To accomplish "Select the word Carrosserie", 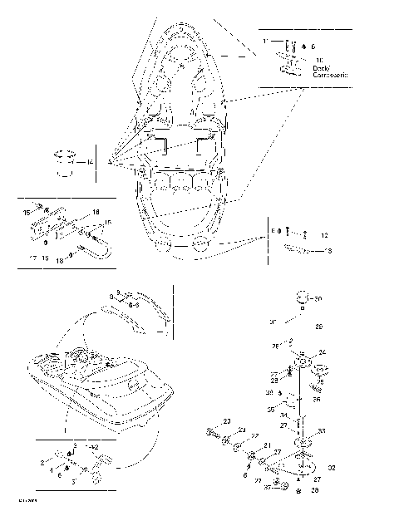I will [x=331, y=75].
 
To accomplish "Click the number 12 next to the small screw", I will [x=325, y=236].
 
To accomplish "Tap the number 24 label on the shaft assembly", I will [x=322, y=352].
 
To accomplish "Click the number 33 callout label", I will [x=322, y=431].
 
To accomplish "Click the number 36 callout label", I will [x=317, y=399].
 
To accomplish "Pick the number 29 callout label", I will [x=321, y=327].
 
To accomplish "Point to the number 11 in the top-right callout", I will [x=265, y=41].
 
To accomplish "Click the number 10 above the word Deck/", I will [x=319, y=60].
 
